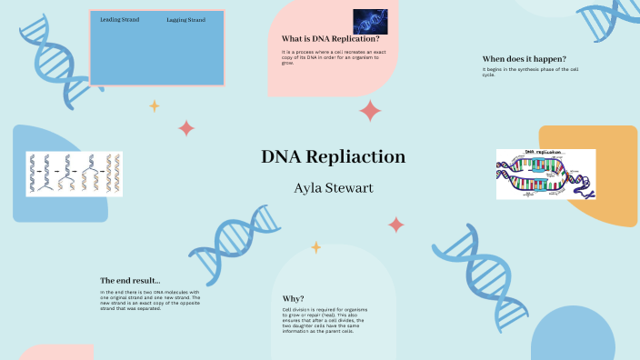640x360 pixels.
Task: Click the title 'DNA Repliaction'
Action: (333, 156)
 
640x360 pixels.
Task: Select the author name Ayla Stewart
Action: (333, 188)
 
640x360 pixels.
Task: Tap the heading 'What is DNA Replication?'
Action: (331, 39)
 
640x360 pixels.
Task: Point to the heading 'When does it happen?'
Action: (524, 58)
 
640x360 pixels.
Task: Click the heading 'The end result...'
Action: (130, 280)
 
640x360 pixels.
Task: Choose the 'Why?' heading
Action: (293, 298)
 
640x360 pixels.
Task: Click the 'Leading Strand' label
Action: (119, 19)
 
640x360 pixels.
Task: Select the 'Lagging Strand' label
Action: (186, 19)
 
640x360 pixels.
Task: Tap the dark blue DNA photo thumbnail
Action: (370, 21)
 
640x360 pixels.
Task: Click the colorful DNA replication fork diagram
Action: (545, 174)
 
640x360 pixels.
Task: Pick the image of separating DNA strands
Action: (74, 174)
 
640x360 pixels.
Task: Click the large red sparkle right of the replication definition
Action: (370, 111)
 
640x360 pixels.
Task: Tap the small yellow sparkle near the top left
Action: (154, 105)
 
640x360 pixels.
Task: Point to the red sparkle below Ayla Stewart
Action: (395, 224)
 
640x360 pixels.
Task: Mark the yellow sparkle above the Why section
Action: (315, 246)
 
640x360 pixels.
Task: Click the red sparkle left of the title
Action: (186, 128)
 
